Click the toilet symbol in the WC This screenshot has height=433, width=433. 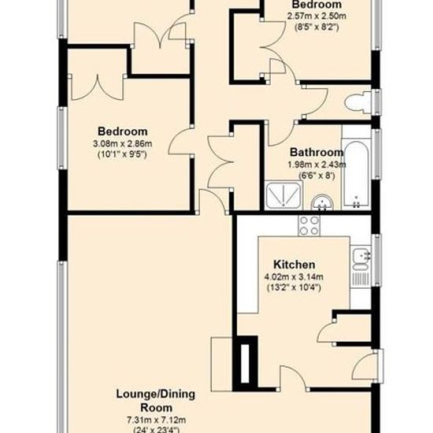(x=358, y=102)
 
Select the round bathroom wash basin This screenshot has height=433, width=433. (x=322, y=202)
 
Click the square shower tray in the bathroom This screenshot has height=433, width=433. (x=283, y=195)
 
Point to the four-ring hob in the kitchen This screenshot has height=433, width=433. (x=309, y=226)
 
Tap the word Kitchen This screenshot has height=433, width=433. (x=294, y=265)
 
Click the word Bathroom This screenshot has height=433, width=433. (x=316, y=152)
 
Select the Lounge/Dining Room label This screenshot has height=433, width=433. (x=156, y=401)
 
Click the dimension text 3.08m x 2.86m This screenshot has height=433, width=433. (x=123, y=143)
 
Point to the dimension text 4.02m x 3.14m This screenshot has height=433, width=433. (x=294, y=276)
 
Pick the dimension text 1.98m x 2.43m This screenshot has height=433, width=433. (x=316, y=165)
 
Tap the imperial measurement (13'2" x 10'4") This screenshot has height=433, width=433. (x=294, y=287)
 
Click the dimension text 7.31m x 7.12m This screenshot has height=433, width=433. (x=156, y=420)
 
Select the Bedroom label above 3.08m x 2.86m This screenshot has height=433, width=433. (x=123, y=131)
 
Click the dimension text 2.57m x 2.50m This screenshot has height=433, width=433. (x=316, y=16)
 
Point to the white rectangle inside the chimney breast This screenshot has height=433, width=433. (x=245, y=364)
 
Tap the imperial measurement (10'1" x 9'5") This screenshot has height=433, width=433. (x=123, y=154)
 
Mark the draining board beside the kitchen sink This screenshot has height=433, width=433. (x=361, y=279)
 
